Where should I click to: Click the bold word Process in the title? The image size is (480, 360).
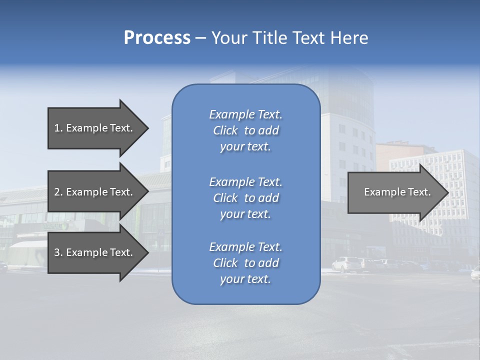click(x=157, y=37)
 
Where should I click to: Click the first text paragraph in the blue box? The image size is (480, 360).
click(x=245, y=130)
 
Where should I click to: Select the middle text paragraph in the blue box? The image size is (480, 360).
click(x=245, y=197)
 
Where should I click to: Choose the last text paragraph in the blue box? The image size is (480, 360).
click(x=245, y=263)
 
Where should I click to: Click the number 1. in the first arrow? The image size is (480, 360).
click(x=58, y=128)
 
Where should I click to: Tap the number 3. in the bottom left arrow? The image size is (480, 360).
click(x=58, y=252)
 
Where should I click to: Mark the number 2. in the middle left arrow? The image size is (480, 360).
click(x=58, y=192)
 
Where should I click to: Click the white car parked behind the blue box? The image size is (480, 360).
click(x=345, y=263)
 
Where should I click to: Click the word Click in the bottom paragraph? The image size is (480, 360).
click(x=225, y=263)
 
